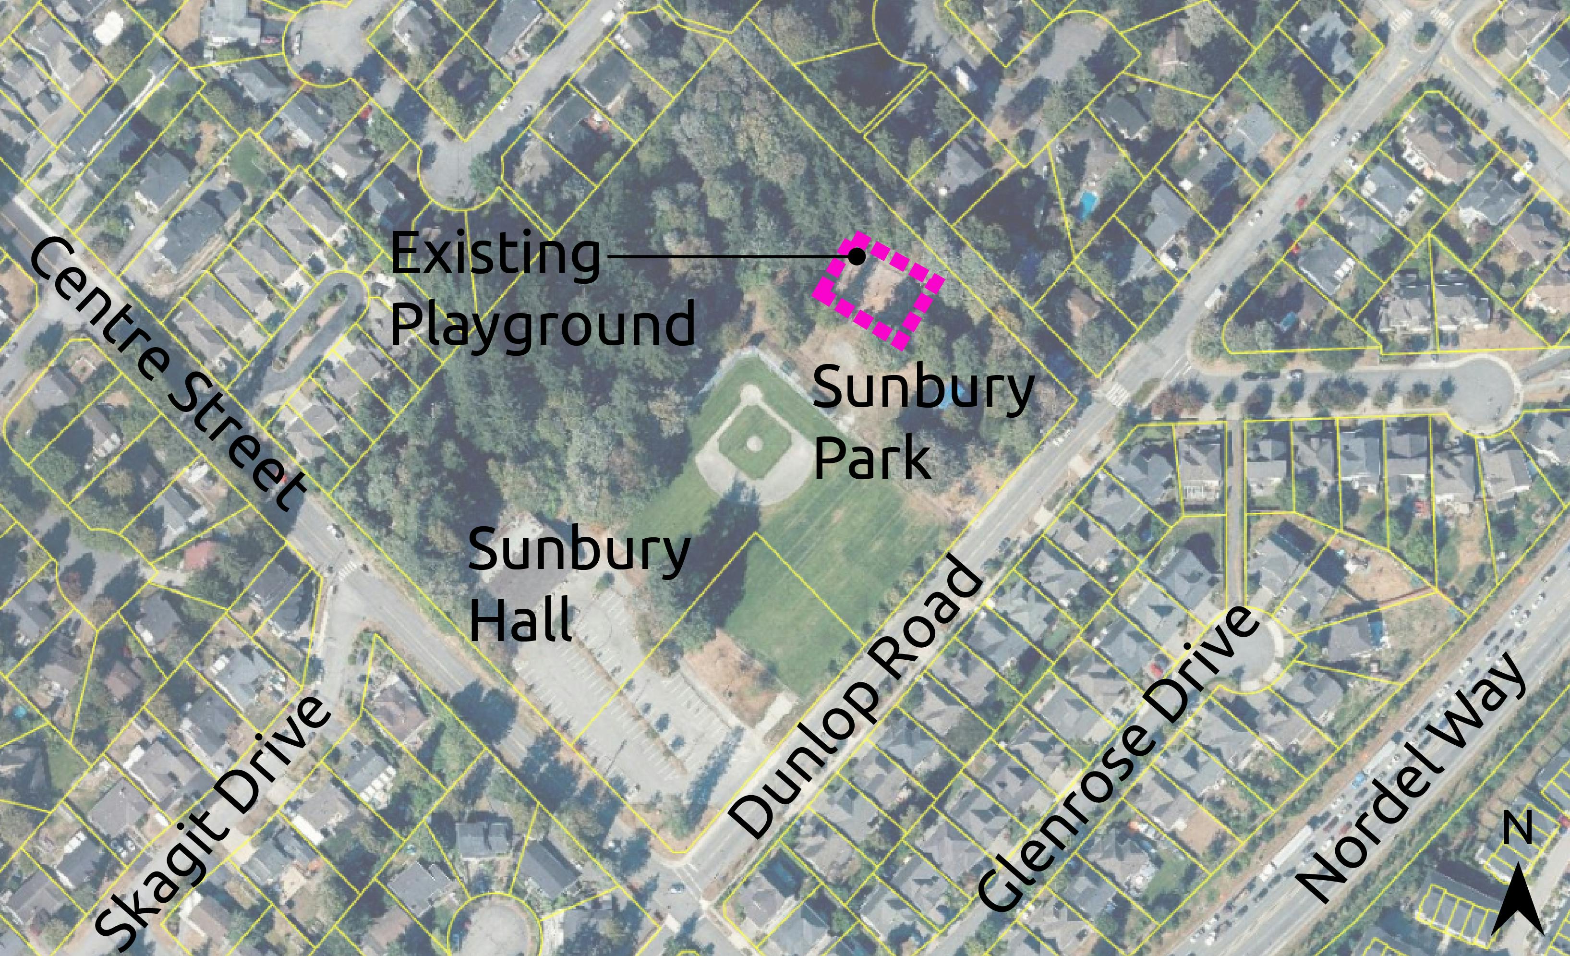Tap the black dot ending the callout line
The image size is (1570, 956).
coord(857,256)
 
